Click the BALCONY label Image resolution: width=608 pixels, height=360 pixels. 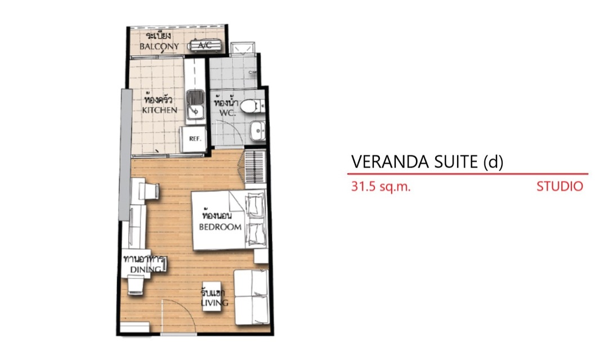[x=159, y=46]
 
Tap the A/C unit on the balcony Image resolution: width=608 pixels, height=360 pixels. [x=205, y=46]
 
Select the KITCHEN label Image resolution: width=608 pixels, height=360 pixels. [x=159, y=110]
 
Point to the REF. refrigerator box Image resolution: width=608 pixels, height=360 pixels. [x=195, y=139]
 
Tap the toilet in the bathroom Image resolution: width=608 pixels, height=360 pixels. [x=251, y=106]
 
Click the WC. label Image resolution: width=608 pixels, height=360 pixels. [x=227, y=112]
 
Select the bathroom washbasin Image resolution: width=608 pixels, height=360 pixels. [x=257, y=132]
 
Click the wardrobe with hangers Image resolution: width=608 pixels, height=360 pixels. [x=255, y=168]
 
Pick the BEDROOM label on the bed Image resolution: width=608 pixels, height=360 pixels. [x=220, y=227]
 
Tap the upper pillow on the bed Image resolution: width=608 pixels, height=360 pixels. [x=254, y=205]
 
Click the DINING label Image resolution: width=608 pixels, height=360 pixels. [x=145, y=269]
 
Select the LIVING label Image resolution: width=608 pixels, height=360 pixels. [x=214, y=302]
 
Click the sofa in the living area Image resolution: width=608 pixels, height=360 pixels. [x=251, y=297]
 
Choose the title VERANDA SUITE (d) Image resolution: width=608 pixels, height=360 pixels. [x=427, y=161]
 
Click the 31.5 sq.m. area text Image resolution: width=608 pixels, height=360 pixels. [x=381, y=186]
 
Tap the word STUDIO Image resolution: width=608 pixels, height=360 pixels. [x=560, y=186]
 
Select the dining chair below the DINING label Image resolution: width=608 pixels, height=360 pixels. [x=136, y=286]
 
